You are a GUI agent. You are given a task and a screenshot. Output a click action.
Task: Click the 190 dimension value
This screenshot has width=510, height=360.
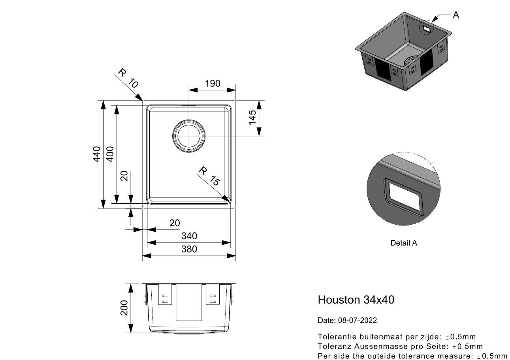click(213, 84)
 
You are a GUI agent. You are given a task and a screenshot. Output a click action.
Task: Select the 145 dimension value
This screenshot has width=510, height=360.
click(252, 117)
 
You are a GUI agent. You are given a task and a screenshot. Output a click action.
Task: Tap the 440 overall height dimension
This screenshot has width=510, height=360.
click(97, 154)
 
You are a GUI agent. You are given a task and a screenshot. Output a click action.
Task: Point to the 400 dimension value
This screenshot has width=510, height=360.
click(110, 154)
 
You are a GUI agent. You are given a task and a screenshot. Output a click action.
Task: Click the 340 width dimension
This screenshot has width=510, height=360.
click(189, 236)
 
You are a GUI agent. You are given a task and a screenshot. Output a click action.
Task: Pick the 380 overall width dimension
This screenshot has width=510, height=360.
click(189, 249)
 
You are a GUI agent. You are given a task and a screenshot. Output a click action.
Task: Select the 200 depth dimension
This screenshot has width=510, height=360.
click(124, 308)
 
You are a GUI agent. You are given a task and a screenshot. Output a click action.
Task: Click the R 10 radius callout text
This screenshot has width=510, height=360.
click(128, 78)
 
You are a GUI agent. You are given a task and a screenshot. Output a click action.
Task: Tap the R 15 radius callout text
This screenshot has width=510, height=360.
click(209, 176)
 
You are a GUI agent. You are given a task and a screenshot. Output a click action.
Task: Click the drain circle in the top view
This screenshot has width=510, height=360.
click(189, 136)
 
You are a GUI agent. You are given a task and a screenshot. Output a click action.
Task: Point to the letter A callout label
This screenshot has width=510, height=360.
click(456, 15)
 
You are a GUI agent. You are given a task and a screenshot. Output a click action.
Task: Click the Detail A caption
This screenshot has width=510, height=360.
click(404, 243)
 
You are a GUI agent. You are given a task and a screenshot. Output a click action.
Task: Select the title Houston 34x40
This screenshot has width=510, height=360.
click(356, 300)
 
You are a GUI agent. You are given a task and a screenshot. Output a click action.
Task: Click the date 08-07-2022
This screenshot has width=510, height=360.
click(357, 321)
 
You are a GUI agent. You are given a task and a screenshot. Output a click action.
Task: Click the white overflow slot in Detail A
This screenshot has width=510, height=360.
click(404, 197)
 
